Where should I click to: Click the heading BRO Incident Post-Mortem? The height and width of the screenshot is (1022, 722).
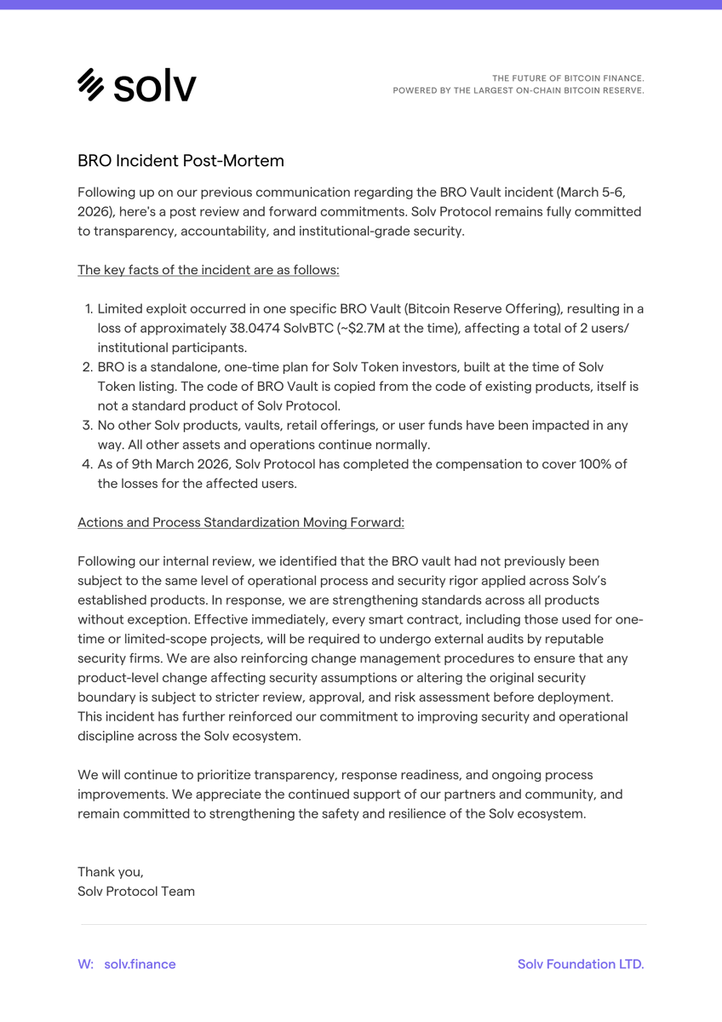(x=180, y=160)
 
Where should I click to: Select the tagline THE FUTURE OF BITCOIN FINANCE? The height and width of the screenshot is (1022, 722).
(x=568, y=78)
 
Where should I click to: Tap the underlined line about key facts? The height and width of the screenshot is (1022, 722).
(x=208, y=270)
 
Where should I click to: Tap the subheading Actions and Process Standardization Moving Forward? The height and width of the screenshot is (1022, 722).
(x=240, y=522)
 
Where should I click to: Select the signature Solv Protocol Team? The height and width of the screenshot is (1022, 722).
(x=136, y=891)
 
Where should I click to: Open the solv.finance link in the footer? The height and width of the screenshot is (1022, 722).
(x=140, y=964)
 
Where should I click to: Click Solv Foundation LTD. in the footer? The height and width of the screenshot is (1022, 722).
(x=581, y=964)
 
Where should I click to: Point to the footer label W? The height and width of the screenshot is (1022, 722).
(x=85, y=964)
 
